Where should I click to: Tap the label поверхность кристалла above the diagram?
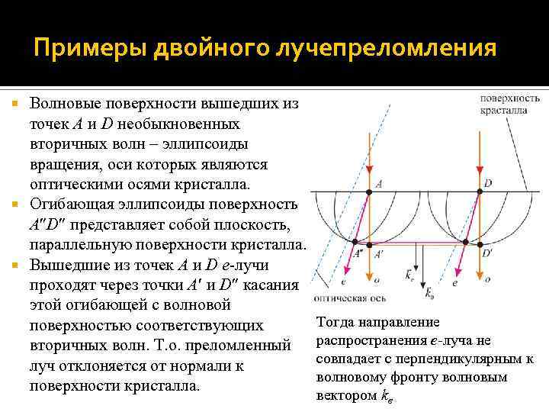510,104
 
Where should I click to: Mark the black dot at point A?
369,191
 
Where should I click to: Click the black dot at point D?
478,191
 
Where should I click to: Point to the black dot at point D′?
478,244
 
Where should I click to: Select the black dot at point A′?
369,244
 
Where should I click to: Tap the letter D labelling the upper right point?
488,182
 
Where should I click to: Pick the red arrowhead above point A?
369,171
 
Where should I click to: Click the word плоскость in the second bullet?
262,225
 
